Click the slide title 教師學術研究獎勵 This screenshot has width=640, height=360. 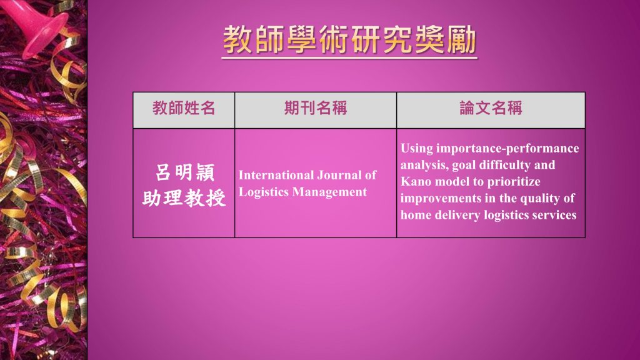(350, 39)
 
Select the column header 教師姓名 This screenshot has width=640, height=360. (184, 108)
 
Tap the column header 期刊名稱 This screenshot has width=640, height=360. (316, 108)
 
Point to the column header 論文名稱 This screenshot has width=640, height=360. (491, 108)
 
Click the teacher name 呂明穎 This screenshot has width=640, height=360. (184, 172)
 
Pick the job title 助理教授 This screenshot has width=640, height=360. (184, 198)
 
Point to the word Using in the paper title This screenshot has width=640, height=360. (416, 149)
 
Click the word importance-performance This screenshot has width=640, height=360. (507, 149)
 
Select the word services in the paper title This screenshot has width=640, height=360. (557, 215)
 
